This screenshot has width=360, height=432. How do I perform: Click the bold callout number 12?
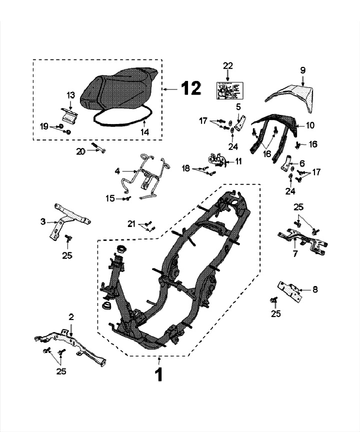coord(190,88)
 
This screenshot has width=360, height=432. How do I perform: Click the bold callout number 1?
coord(159,374)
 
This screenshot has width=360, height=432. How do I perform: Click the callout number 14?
coord(145,132)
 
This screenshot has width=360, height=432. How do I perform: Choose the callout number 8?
coord(314,289)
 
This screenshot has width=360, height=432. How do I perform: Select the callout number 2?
coord(71,317)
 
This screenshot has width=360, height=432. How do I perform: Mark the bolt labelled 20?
coord(97,149)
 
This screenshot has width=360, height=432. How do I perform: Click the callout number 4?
coord(117,171)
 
